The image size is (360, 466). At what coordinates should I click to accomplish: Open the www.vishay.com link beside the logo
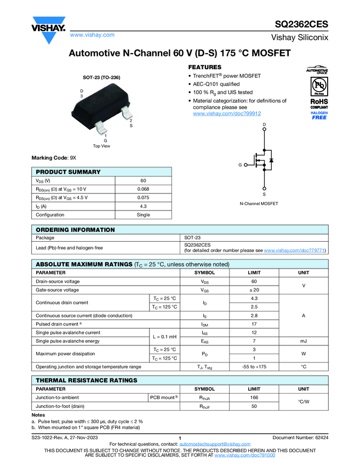tap(92, 35)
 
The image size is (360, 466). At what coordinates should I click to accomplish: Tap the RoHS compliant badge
tap(319, 104)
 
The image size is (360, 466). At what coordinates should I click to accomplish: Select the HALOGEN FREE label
tap(319, 115)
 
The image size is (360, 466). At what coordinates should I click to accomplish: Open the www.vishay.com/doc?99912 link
tap(226, 113)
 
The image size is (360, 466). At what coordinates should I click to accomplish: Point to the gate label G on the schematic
tap(239, 165)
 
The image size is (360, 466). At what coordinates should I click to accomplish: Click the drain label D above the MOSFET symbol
tap(264, 126)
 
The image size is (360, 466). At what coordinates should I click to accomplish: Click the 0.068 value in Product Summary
tap(143, 189)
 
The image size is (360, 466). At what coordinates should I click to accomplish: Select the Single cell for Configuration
tap(143, 215)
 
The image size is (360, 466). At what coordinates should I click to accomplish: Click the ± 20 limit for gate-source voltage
tap(254, 289)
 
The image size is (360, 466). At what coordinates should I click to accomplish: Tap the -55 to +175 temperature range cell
tap(254, 366)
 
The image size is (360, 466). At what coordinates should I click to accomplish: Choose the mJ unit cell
tap(303, 340)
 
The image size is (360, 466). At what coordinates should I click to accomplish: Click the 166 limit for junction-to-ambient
tap(254, 397)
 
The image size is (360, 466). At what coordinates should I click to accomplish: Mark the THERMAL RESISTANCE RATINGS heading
tap(86, 380)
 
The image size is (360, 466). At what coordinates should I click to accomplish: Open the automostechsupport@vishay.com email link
tap(215, 444)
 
